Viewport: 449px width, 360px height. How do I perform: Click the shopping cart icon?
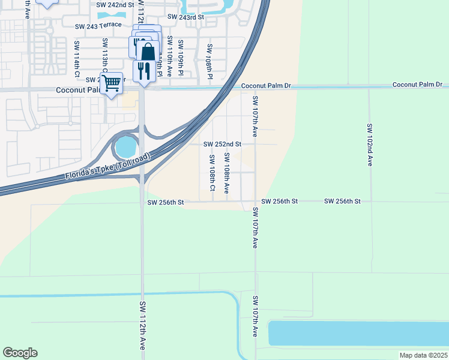point(111,83)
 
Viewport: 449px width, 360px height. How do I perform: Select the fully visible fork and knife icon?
point(143,70)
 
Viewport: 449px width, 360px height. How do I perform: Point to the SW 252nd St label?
point(222,144)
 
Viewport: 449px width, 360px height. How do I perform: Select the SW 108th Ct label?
point(212,173)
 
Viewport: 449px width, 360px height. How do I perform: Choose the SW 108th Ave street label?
point(226,173)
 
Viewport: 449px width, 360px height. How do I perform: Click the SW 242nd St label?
point(114,4)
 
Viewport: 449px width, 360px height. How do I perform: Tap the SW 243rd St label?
point(186,17)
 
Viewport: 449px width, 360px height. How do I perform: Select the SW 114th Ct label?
point(76,59)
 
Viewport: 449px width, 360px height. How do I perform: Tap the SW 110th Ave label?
point(170,56)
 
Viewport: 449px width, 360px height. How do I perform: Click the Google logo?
point(20,353)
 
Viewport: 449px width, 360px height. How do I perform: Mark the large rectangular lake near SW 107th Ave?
point(358,334)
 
